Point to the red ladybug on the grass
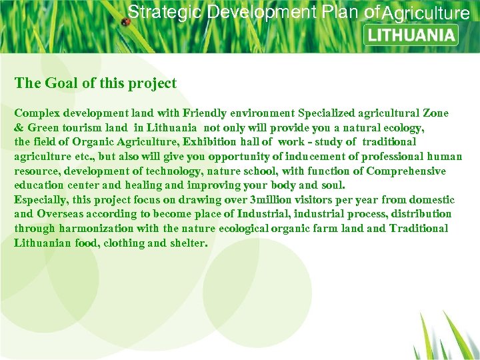pyautogui.click(x=125, y=22)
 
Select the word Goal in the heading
pyautogui.click(x=61, y=83)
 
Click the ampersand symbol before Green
pyautogui.click(x=19, y=127)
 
